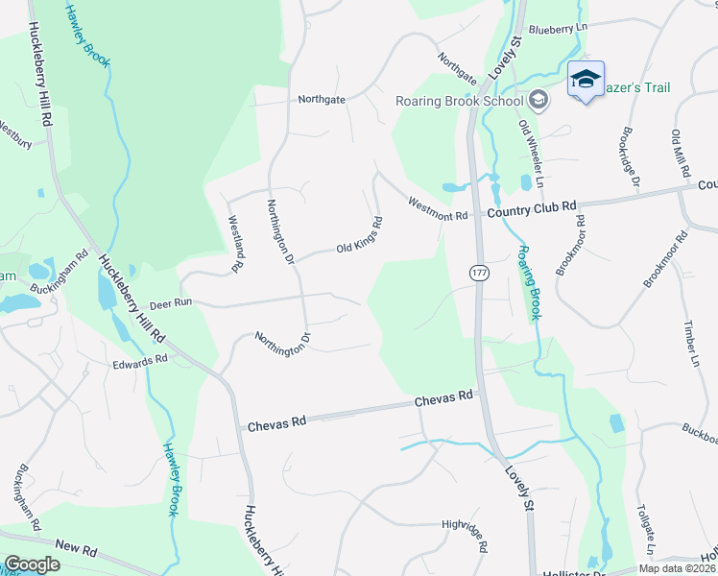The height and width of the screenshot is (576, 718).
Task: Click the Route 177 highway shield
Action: (477, 274)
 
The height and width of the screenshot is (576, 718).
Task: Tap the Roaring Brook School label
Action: (459, 102)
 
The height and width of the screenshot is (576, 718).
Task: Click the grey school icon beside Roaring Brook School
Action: (538, 100)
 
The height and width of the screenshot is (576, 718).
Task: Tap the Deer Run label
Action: (171, 301)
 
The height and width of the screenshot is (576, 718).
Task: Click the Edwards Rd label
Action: (140, 362)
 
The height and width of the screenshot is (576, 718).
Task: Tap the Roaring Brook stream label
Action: (530, 282)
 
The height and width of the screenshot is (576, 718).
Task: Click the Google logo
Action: (32, 564)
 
